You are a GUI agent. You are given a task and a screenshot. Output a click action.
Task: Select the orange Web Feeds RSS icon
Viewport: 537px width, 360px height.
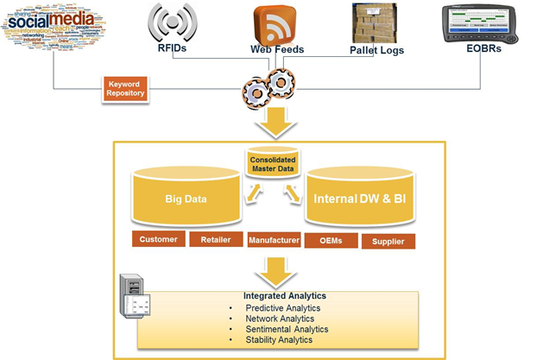[x=275, y=25]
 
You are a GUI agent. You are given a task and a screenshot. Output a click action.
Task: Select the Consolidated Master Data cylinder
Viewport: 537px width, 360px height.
[x=273, y=164]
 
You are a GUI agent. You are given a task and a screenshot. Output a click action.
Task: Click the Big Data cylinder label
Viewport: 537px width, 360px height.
[x=186, y=199]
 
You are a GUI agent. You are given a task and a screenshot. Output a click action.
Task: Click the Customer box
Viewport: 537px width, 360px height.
[x=158, y=239]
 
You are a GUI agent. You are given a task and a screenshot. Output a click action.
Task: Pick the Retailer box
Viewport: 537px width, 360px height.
[x=215, y=239]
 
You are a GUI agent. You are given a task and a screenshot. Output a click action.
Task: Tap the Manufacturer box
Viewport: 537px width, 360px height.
[x=273, y=240]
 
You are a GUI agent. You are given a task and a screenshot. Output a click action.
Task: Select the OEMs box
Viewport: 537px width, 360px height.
[x=330, y=240]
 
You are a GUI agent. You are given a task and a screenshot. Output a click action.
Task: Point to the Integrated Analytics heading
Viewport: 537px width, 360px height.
[x=273, y=295]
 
